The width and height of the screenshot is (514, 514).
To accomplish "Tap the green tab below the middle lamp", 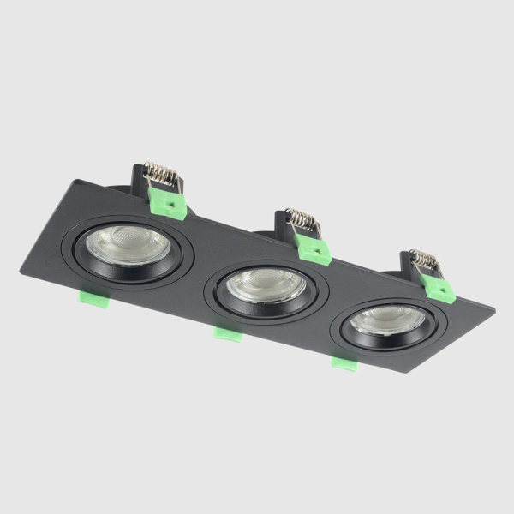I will click(x=227, y=332).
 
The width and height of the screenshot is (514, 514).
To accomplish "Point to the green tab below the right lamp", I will click(x=344, y=362).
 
